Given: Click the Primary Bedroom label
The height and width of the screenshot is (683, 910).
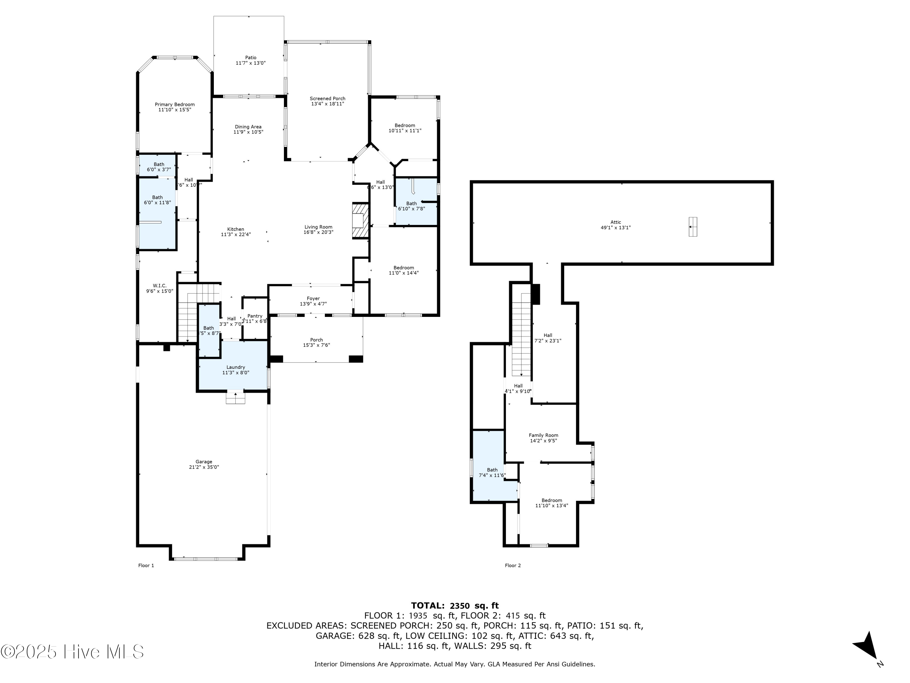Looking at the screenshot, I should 174,104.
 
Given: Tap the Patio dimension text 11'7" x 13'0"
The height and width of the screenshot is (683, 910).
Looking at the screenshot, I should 251,63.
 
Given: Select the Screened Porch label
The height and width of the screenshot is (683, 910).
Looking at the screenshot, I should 328,98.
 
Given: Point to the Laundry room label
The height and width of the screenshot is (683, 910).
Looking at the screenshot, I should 236,367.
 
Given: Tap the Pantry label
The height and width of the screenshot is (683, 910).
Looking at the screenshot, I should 255,316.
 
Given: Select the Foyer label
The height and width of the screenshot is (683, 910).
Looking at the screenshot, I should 313,298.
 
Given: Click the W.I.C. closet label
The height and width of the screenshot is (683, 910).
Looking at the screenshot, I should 160,286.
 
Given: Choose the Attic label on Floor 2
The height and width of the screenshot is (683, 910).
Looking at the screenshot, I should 616,222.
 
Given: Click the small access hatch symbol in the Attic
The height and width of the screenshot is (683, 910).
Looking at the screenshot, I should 693,227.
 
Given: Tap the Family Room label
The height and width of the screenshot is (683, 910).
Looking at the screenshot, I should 544,435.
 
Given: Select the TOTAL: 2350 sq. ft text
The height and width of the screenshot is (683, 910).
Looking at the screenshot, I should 455,606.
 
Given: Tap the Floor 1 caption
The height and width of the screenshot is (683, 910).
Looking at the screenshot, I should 146,566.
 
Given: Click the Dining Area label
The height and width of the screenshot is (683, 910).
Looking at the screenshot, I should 248,127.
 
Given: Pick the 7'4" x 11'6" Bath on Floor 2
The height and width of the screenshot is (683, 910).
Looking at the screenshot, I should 492,473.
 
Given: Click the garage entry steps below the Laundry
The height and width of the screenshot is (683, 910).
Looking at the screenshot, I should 235,398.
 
